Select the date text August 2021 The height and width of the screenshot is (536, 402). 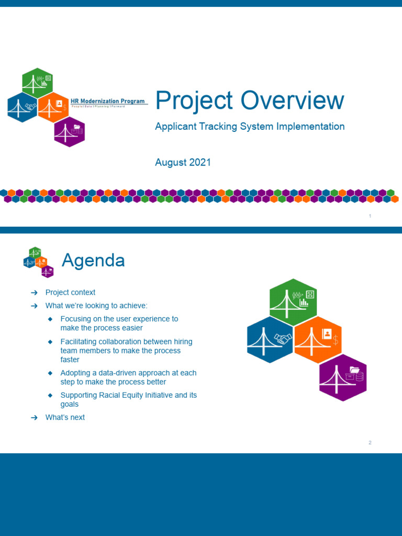pos(183,162)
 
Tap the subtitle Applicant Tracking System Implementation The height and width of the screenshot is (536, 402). pos(250,127)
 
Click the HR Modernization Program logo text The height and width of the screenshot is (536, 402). pos(111,101)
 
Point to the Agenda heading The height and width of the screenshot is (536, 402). pos(93,260)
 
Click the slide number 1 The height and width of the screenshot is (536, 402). pos(370,216)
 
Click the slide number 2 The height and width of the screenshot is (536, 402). pos(370,443)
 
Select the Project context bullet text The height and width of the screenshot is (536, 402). pos(70,293)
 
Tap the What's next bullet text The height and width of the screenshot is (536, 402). pos(65,417)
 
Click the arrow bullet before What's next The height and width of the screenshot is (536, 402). pos(34,418)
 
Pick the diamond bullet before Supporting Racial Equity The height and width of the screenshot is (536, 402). pos(50,395)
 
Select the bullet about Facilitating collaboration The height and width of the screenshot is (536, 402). pos(126,351)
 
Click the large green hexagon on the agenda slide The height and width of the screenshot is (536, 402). pos(293,301)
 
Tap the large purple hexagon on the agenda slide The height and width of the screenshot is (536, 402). pos(343,377)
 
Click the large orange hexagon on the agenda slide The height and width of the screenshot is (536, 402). pos(318,339)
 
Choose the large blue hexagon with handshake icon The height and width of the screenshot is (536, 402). pos(270,339)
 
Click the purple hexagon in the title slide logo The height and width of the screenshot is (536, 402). pos(70,132)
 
